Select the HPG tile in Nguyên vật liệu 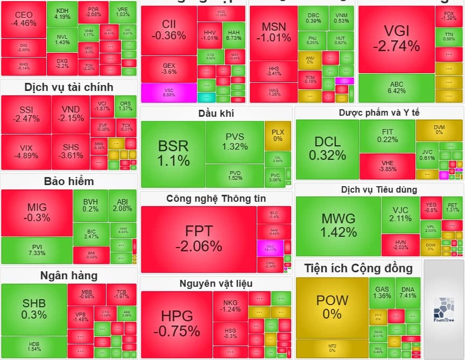(x=176, y=323)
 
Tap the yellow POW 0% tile (x=332, y=307)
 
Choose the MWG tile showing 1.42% (x=339, y=225)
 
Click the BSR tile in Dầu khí (x=173, y=153)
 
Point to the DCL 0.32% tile (x=327, y=149)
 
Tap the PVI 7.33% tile (x=37, y=250)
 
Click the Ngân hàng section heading (x=69, y=276)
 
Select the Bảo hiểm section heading (x=69, y=181)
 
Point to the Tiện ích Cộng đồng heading (x=358, y=268)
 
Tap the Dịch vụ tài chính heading (x=69, y=87)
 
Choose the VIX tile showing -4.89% (x=26, y=152)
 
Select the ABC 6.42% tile (x=396, y=88)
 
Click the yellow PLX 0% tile (x=277, y=135)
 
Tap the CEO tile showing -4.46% (x=24, y=19)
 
